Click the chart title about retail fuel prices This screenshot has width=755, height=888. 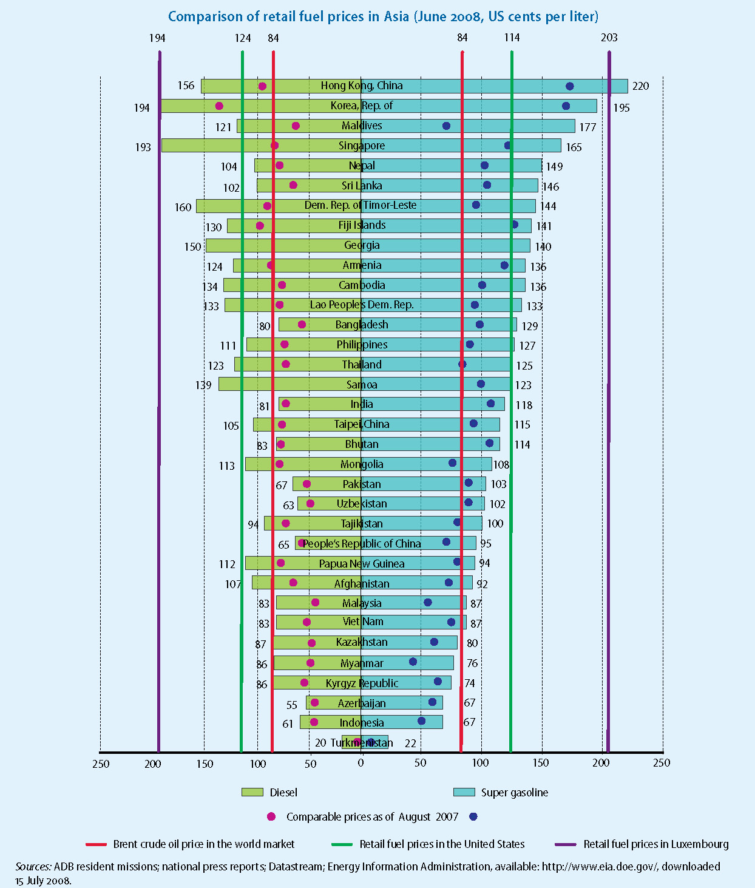point(383,16)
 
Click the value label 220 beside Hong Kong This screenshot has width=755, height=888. point(640,86)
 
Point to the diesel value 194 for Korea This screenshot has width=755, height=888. point(141,108)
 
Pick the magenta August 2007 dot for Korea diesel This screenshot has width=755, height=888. point(219,106)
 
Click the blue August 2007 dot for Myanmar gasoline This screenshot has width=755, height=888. point(413,662)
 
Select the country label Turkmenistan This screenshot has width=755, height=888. point(362,743)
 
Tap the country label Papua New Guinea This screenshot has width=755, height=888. point(362,564)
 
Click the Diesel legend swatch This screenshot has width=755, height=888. point(252,792)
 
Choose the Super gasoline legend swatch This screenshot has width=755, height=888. point(464,792)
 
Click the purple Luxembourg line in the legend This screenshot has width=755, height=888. point(566,844)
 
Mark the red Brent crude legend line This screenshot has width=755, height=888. point(96,844)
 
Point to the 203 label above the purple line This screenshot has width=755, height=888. point(609,38)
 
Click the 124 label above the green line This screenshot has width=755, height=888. point(242,38)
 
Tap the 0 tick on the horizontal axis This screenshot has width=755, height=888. point(361,763)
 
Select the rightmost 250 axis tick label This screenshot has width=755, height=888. point(662,763)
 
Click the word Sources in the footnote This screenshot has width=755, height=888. point(33,867)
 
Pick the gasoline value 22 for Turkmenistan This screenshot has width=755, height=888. point(410,743)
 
